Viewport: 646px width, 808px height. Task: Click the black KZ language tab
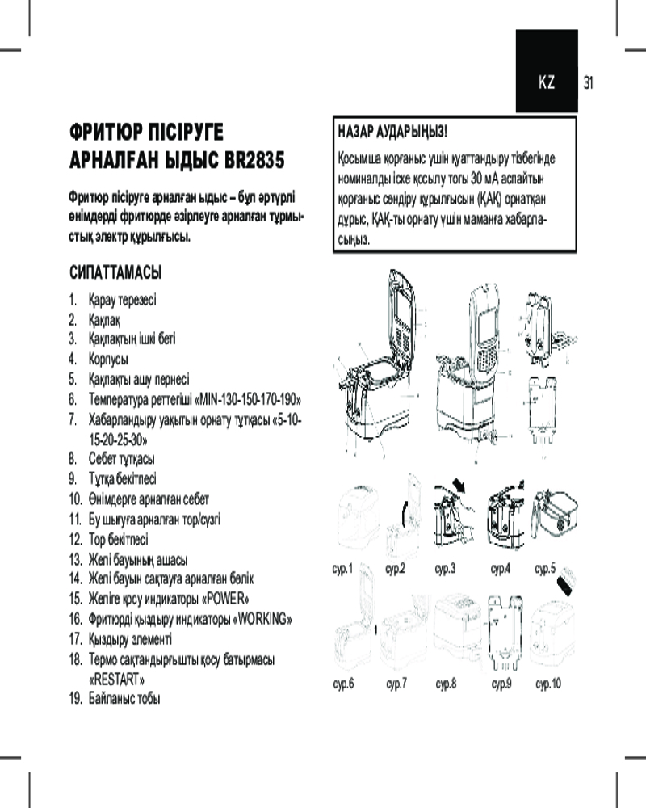(x=547, y=82)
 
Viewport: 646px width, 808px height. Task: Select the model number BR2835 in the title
(x=250, y=159)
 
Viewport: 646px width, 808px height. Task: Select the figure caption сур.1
(x=343, y=569)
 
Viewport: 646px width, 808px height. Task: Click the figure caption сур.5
(x=546, y=569)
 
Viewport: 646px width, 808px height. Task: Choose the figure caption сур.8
(x=446, y=684)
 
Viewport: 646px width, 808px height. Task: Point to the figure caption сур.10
(x=548, y=684)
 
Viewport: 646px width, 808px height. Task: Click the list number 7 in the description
(x=73, y=419)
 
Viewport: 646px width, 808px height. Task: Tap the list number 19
(x=75, y=698)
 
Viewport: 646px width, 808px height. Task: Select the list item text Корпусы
(x=108, y=359)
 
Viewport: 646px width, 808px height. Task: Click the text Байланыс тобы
(x=124, y=698)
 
